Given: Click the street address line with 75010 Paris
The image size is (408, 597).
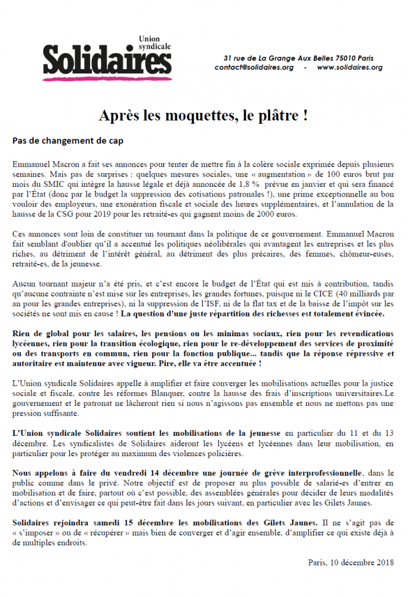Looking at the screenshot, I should click(x=298, y=58).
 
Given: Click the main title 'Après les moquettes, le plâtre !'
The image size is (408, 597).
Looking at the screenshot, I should click(x=203, y=115).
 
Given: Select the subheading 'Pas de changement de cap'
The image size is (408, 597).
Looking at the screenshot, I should click(x=68, y=141).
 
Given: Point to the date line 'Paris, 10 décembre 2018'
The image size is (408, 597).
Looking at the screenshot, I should click(x=351, y=562).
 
